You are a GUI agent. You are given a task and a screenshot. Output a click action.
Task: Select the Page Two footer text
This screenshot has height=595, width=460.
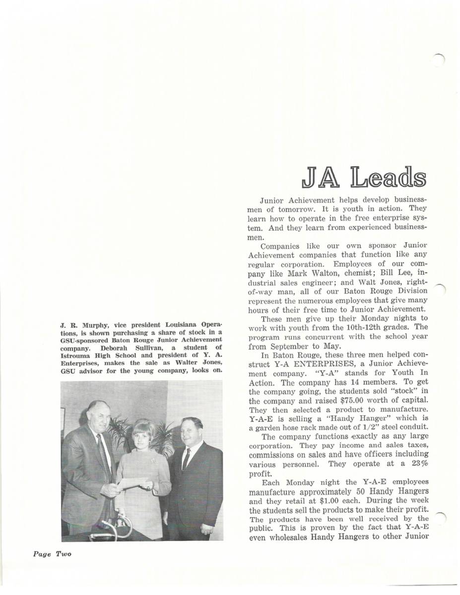[x=52, y=554]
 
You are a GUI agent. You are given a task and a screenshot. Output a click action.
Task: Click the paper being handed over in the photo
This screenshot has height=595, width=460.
[x=133, y=482]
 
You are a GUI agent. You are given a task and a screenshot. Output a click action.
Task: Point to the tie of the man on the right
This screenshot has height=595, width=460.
[x=186, y=459]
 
